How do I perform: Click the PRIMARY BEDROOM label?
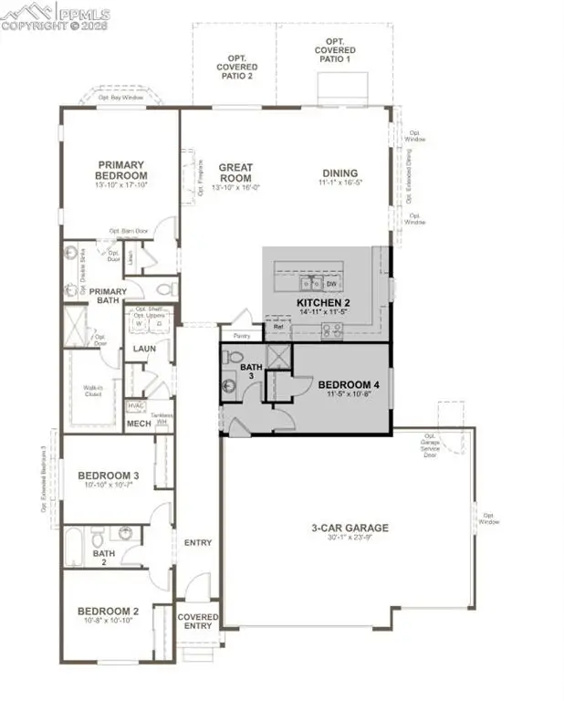coord(122,171)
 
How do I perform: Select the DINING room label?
coord(339,173)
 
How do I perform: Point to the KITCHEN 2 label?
coord(323,302)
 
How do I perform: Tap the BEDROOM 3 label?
coord(108,476)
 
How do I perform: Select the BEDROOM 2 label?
coord(108,611)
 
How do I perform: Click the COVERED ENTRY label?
coord(198,622)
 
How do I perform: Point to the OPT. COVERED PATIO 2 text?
coord(236,67)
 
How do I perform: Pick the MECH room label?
coord(139,424)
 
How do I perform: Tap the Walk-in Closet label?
coord(90,392)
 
